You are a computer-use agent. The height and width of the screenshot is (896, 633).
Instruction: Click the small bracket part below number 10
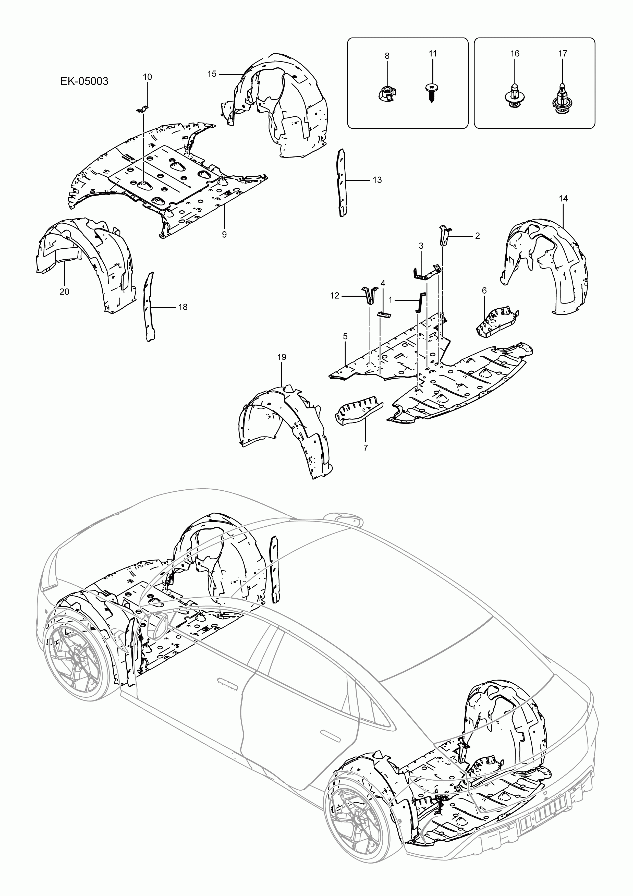(x=143, y=110)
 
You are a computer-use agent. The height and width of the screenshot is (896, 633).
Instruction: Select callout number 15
(x=212, y=74)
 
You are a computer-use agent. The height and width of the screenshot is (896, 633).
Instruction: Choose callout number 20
(x=64, y=292)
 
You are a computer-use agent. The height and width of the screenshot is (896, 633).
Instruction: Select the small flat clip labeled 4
(x=384, y=315)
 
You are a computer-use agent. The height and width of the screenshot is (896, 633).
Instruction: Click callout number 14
(x=563, y=198)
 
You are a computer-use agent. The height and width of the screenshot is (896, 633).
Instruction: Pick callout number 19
(x=282, y=357)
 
